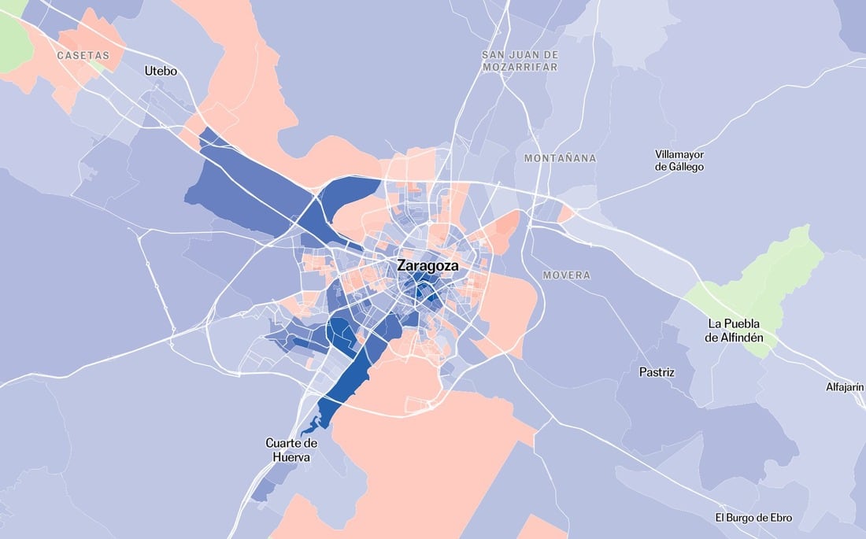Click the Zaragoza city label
pyautogui.click(x=427, y=266)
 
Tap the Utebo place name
pyautogui.click(x=161, y=72)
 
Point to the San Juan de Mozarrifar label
pyautogui.click(x=520, y=61)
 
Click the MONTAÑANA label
pyautogui.click(x=560, y=158)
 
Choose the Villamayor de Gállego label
pyautogui.click(x=679, y=161)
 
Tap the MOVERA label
pyautogui.click(x=566, y=275)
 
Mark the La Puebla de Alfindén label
pyautogui.click(x=741, y=330)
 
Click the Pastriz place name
pyautogui.click(x=656, y=371)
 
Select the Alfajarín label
pyautogui.click(x=844, y=387)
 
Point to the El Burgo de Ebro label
pyautogui.click(x=753, y=518)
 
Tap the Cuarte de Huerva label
pyautogui.click(x=292, y=450)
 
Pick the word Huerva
pyautogui.click(x=292, y=457)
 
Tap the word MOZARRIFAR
pyautogui.click(x=520, y=67)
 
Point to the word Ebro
pyautogui.click(x=780, y=518)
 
